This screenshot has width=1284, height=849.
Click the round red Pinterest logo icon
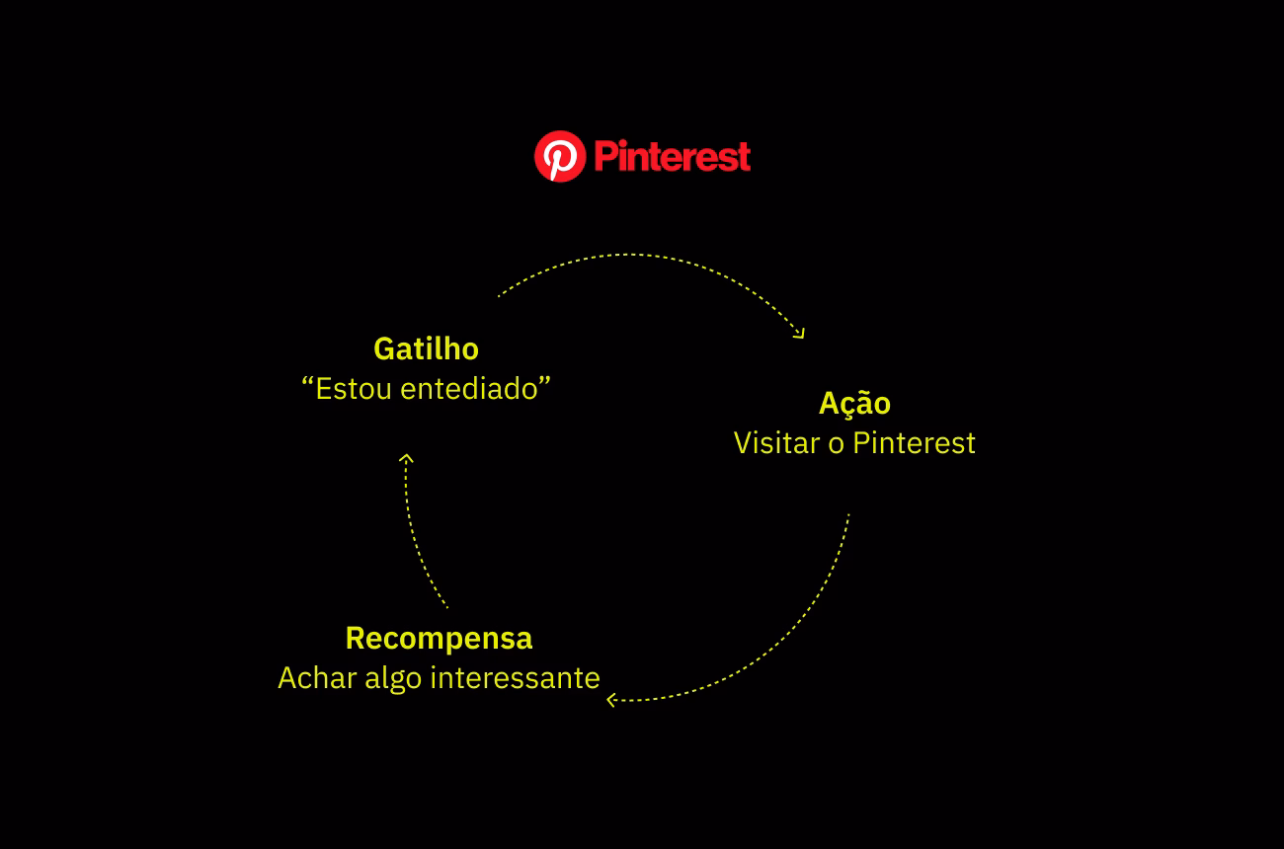click(559, 157)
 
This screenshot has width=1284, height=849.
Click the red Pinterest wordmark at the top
click(673, 157)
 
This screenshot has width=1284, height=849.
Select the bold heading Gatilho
click(426, 348)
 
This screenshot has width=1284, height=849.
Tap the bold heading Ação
click(854, 403)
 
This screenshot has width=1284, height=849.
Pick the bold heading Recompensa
click(439, 638)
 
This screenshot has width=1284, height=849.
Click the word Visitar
click(776, 443)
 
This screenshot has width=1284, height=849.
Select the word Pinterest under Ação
click(914, 443)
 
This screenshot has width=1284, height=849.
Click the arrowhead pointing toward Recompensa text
click(611, 700)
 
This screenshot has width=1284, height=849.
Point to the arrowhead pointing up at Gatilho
click(406, 458)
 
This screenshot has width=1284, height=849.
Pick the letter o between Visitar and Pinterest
click(836, 445)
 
